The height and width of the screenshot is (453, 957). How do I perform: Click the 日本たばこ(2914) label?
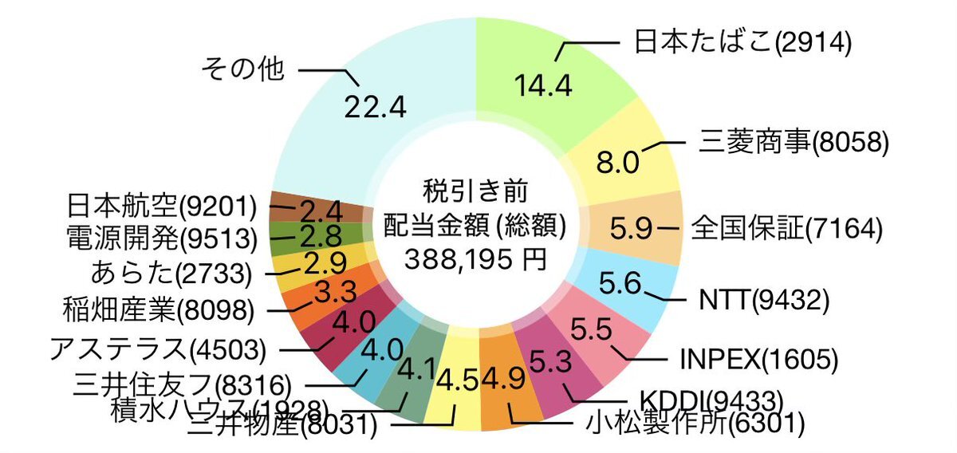pos(742,41)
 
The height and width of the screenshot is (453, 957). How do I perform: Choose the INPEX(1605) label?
pos(758,359)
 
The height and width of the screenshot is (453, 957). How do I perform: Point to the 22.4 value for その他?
pos(376,105)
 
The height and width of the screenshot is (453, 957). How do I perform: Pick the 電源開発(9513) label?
pos(160,238)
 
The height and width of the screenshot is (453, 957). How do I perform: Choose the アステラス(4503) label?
pos(157,349)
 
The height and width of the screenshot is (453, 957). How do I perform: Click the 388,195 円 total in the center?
pos(476,258)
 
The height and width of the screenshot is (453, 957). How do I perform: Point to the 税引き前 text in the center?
pos(475,191)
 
